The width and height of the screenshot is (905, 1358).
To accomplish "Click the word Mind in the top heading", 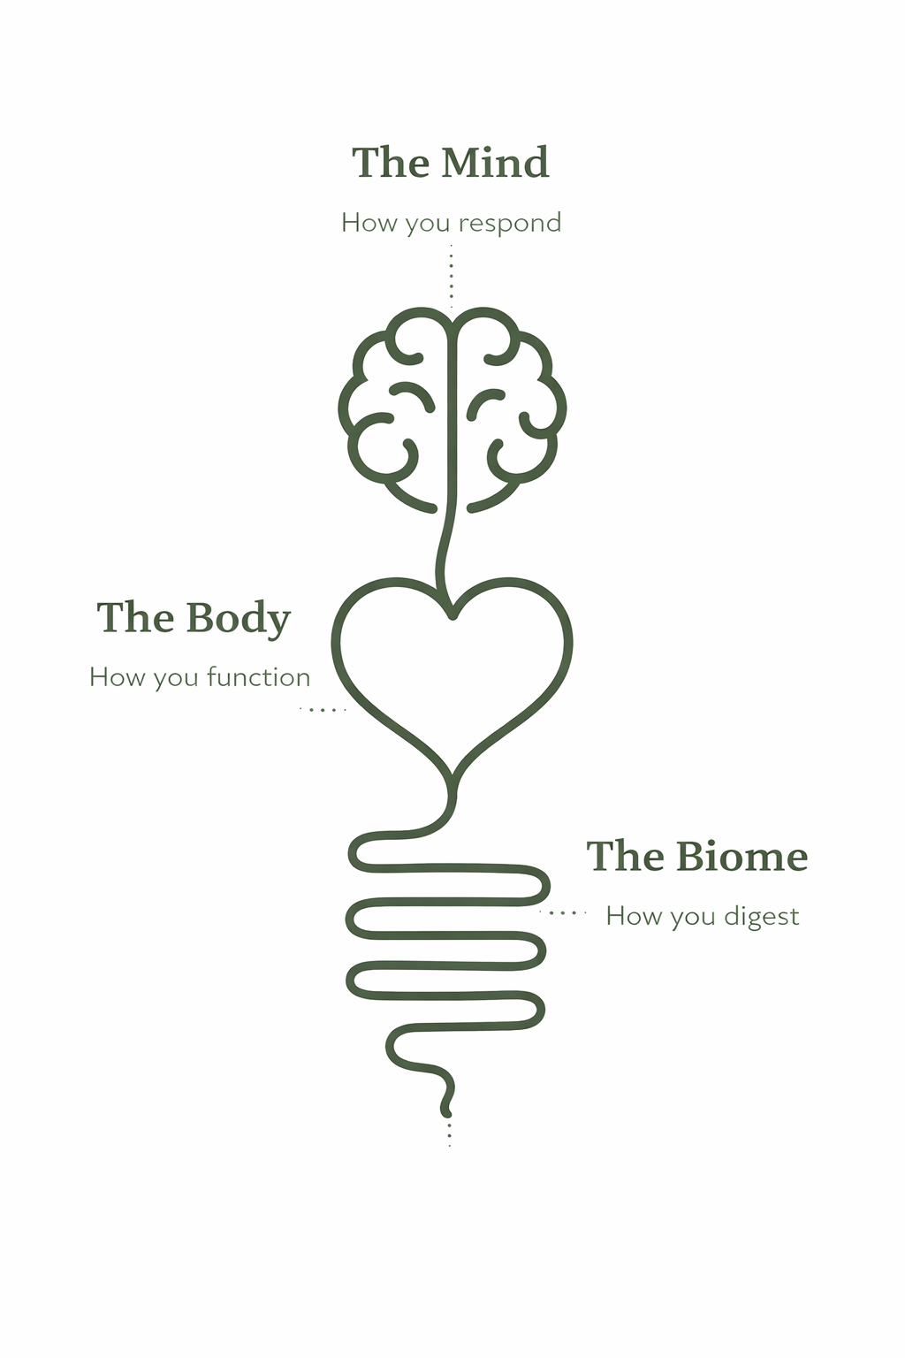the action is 495,163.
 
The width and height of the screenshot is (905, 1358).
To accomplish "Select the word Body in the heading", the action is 239,618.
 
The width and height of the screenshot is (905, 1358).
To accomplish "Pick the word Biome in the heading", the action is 741,857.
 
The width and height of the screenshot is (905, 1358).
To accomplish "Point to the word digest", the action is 761,917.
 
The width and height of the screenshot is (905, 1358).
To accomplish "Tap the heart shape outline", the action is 342,672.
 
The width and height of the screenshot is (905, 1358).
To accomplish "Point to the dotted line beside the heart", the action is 323,710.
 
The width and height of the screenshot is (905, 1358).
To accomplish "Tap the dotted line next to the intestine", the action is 564,912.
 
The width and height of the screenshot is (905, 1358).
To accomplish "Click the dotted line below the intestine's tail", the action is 449,1133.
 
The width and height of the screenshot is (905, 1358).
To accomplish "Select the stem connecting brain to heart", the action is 445,548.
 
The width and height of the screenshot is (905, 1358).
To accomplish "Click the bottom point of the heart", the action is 452,778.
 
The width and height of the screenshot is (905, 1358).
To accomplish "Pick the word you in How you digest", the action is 692,917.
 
